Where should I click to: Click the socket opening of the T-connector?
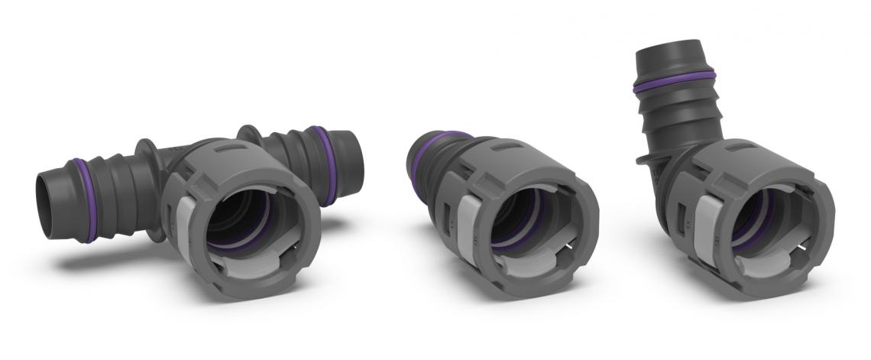tap(244, 218)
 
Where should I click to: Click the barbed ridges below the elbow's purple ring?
tap(676, 118)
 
